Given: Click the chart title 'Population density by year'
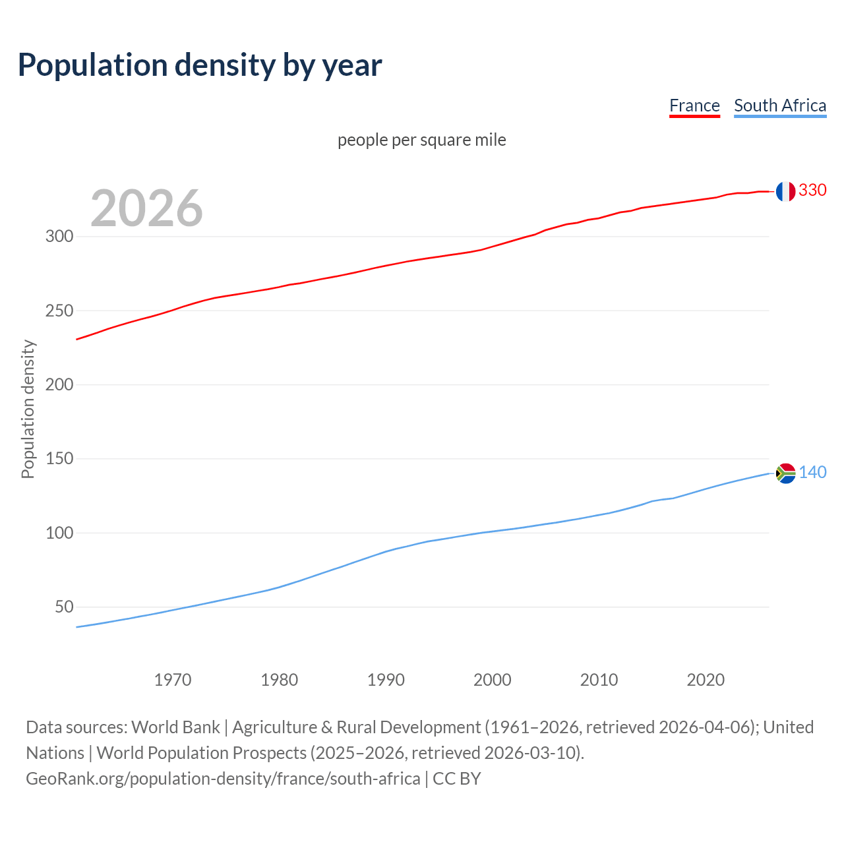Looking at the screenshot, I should (x=200, y=65).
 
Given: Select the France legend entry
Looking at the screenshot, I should (x=694, y=105).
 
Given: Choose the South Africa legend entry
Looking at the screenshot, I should (x=780, y=105).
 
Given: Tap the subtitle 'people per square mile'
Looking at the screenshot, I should (x=421, y=140).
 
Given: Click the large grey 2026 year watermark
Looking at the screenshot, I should (x=146, y=208).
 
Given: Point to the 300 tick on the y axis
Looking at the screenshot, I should (x=59, y=236).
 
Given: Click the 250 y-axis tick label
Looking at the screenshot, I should (x=59, y=311).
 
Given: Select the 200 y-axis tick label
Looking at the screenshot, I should (x=59, y=384).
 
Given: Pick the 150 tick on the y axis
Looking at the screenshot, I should (x=59, y=458).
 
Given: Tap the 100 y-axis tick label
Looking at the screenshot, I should (x=59, y=533).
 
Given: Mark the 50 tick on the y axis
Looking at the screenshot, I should (x=64, y=607).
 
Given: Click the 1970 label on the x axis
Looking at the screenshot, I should (x=173, y=680).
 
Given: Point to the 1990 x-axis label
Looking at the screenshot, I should (x=386, y=680).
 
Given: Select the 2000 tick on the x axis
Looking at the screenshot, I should (x=493, y=680).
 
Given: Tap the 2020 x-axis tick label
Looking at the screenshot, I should (x=706, y=680).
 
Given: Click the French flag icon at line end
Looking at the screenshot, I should (x=785, y=191).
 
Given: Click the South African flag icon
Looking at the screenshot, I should (x=786, y=473).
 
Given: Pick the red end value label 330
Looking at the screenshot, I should (x=812, y=190).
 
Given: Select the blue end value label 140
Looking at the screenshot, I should (x=812, y=472).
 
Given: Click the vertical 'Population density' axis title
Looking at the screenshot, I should (x=28, y=409).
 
